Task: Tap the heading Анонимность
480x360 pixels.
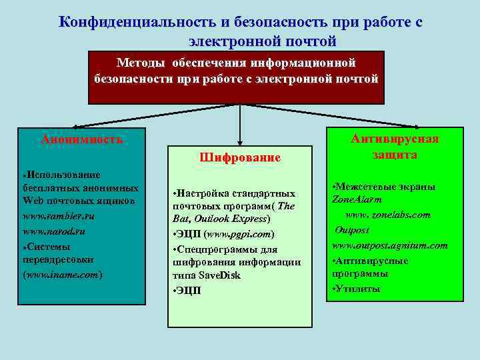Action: point(82,139)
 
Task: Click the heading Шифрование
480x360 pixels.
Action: point(240,158)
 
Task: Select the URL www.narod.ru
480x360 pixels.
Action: point(54,231)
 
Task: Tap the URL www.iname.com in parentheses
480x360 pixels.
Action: point(63,273)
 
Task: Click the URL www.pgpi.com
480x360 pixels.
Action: point(239,235)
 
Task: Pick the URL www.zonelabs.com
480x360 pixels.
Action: point(387,215)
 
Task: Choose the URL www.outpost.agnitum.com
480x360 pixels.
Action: point(390,245)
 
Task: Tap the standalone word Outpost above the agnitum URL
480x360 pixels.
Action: point(353,230)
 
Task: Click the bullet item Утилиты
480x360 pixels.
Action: point(358,289)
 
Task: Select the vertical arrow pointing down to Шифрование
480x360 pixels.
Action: point(240,123)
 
